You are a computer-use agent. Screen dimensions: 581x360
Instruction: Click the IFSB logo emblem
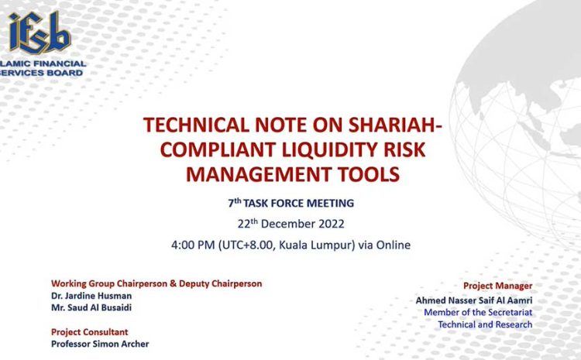pos(40,33)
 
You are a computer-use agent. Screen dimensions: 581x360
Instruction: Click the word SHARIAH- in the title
pos(395,125)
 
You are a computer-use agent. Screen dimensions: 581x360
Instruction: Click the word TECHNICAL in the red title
pos(196,125)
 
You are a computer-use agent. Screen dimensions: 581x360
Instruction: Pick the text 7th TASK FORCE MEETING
pos(291,203)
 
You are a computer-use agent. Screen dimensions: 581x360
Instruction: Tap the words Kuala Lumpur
pos(315,245)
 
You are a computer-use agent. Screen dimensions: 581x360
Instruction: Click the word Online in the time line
pos(394,245)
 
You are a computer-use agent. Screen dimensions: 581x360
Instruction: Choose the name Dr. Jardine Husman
pos(91,296)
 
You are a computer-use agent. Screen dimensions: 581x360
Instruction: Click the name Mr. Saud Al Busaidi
pos(91,308)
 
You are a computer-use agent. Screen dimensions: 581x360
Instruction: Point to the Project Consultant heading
pos(90,332)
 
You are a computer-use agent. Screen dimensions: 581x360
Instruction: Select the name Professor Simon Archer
pos(100,344)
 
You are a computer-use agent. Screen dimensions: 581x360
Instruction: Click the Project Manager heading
pos(497,286)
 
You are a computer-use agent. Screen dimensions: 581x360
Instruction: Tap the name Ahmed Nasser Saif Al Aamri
pos(474,300)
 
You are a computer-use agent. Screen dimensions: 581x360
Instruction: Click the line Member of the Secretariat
pos(478,312)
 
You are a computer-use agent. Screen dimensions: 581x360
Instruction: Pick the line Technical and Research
pos(485,324)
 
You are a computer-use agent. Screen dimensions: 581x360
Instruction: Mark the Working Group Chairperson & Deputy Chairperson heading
pos(156,283)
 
